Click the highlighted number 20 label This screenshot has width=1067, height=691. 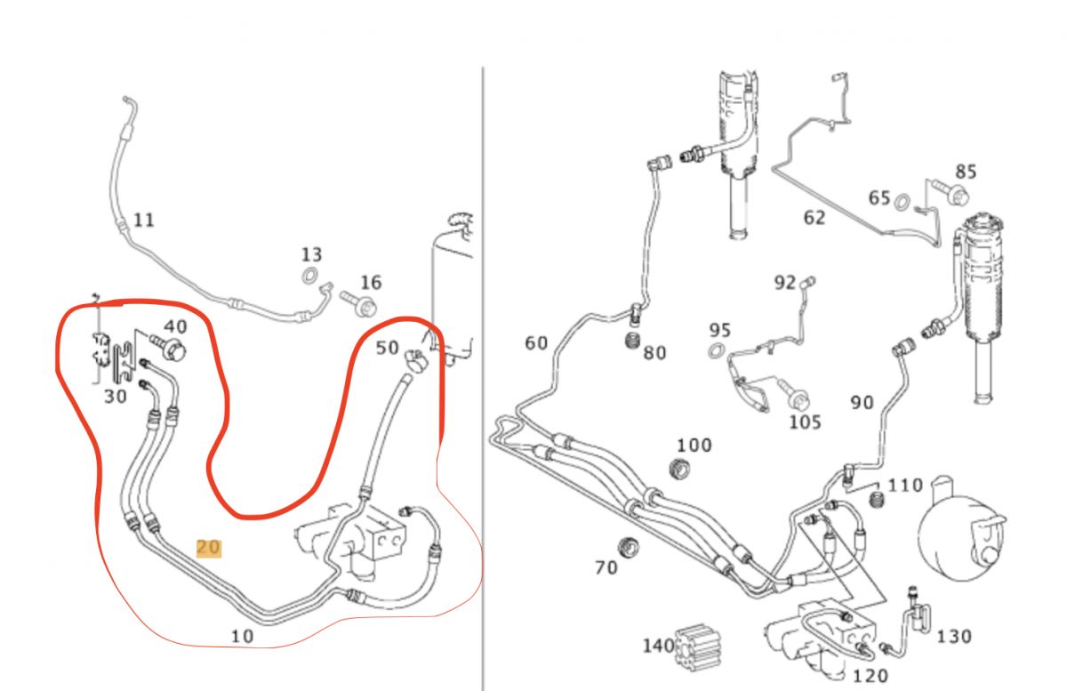208,548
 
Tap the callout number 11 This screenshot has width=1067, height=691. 144,219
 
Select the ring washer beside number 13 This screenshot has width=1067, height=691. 312,276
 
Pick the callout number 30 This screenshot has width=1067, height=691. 116,397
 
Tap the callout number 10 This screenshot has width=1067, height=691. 242,636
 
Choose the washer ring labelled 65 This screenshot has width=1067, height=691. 903,203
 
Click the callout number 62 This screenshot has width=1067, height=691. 814,217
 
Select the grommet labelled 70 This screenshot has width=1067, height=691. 630,544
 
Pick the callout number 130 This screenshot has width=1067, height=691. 953,636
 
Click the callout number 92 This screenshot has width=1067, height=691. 784,283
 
